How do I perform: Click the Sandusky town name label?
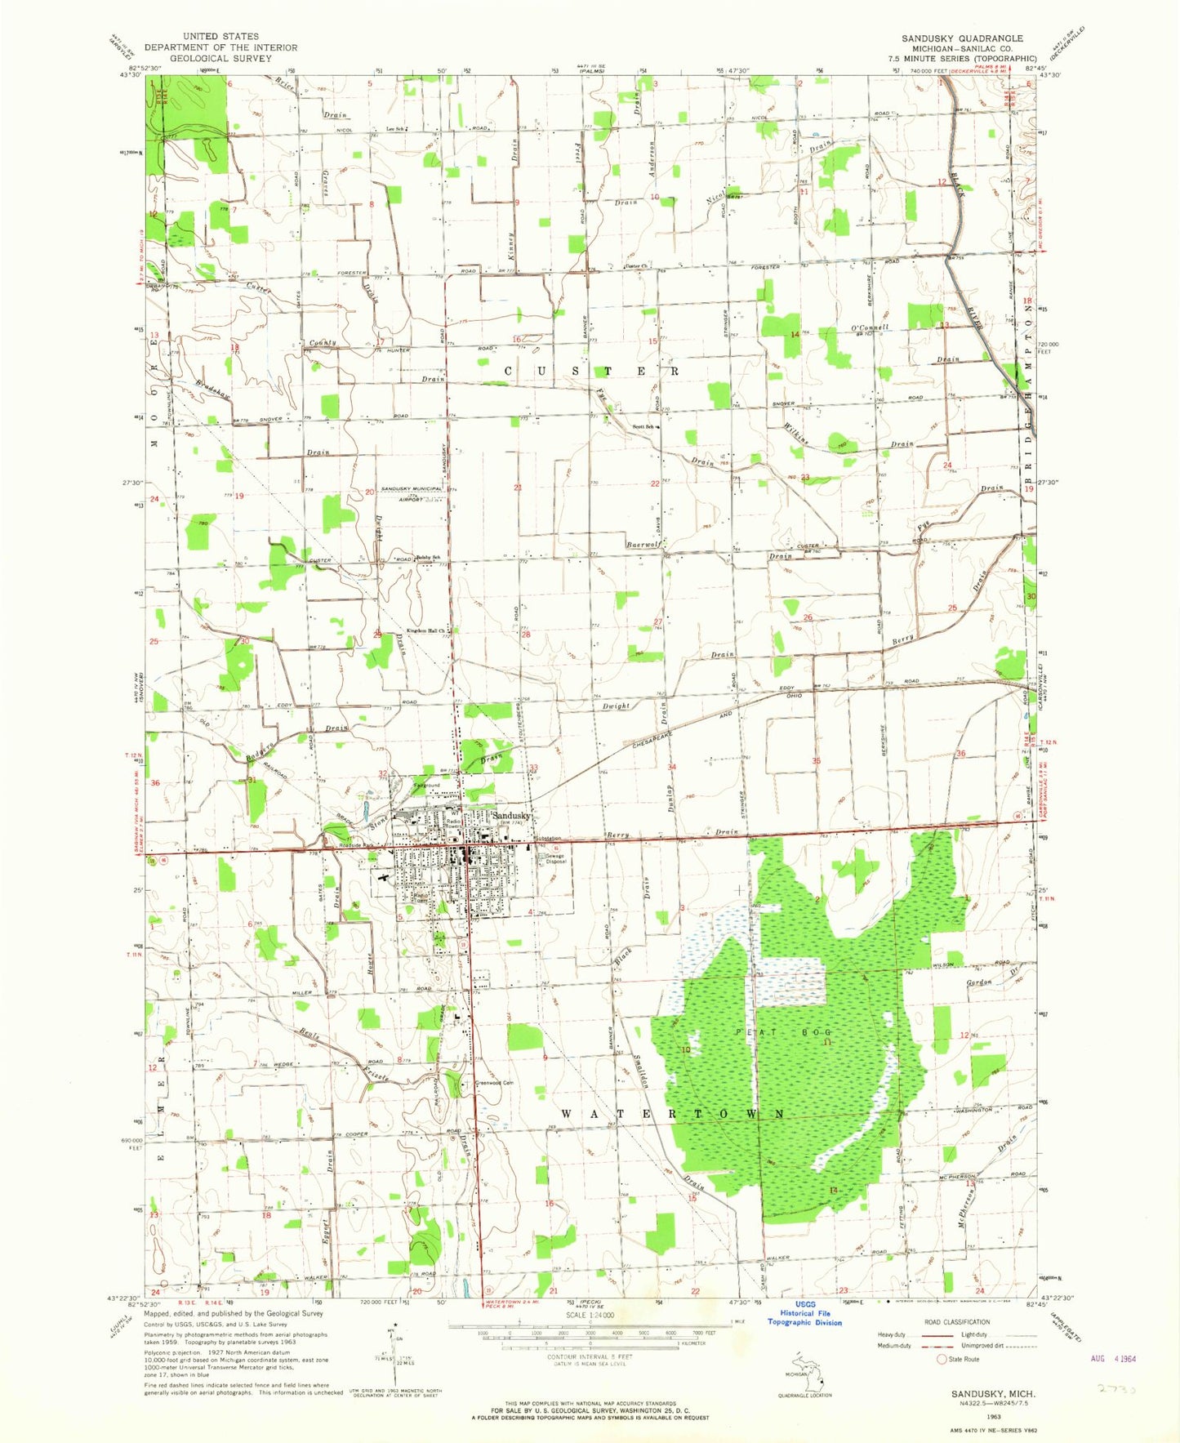511,815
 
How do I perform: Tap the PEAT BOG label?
782,1033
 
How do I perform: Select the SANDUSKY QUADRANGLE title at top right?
962,38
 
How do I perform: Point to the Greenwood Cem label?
494,1083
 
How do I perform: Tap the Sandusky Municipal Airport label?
406,493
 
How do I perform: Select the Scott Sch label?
645,426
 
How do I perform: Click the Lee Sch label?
397,129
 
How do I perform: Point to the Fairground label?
426,786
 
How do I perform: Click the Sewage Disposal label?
556,858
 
